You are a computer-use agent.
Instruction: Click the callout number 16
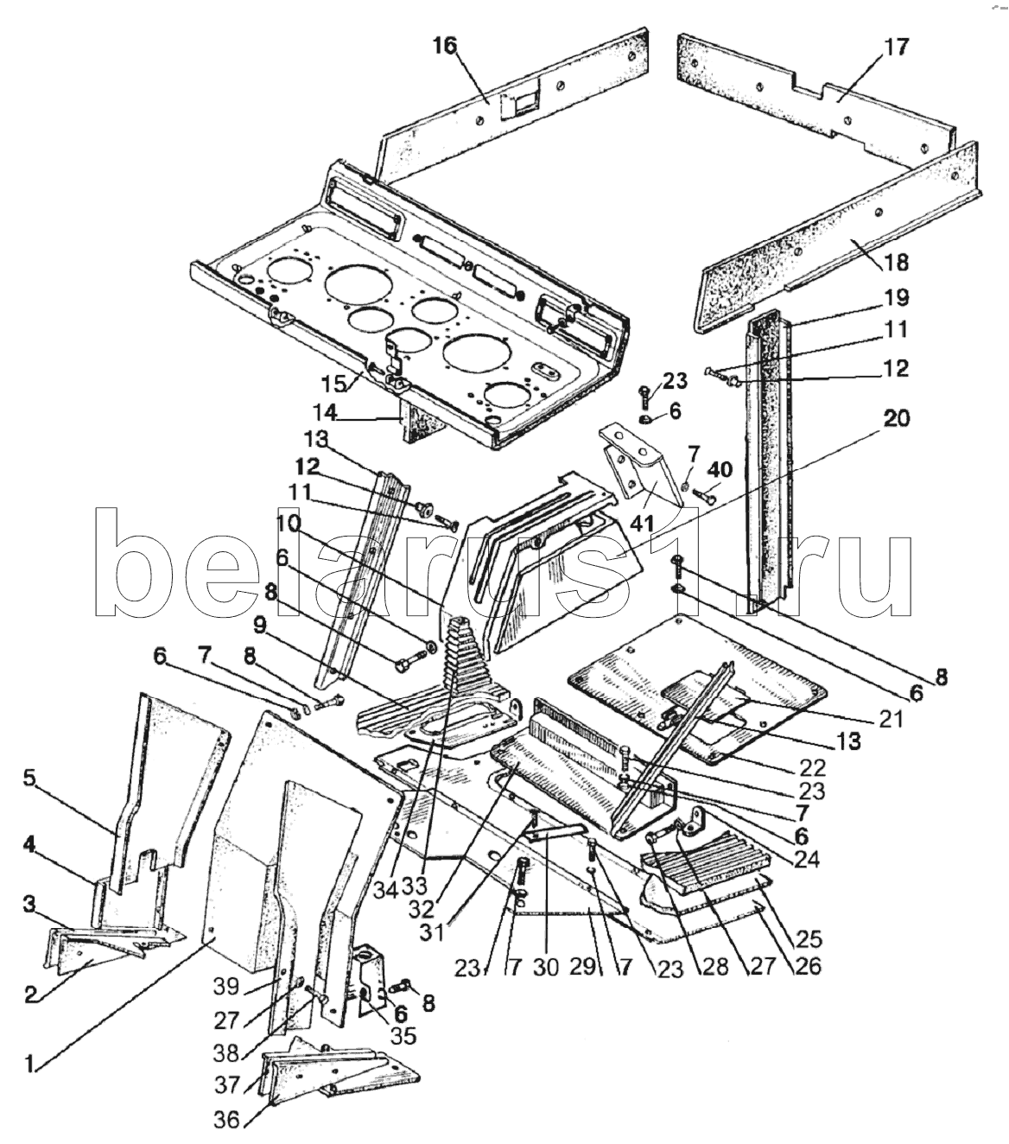(444, 45)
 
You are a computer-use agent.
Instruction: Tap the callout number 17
(897, 48)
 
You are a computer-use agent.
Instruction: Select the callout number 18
(896, 263)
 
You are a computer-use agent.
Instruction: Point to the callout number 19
(896, 297)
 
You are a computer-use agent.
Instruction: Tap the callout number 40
(720, 469)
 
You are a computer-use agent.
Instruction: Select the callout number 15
(333, 384)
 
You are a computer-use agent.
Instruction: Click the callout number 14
(325, 413)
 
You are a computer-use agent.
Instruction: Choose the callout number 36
(227, 1119)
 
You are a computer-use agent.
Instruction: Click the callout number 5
(29, 778)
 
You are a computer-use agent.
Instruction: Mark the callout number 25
(809, 938)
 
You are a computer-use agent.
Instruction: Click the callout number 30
(546, 967)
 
